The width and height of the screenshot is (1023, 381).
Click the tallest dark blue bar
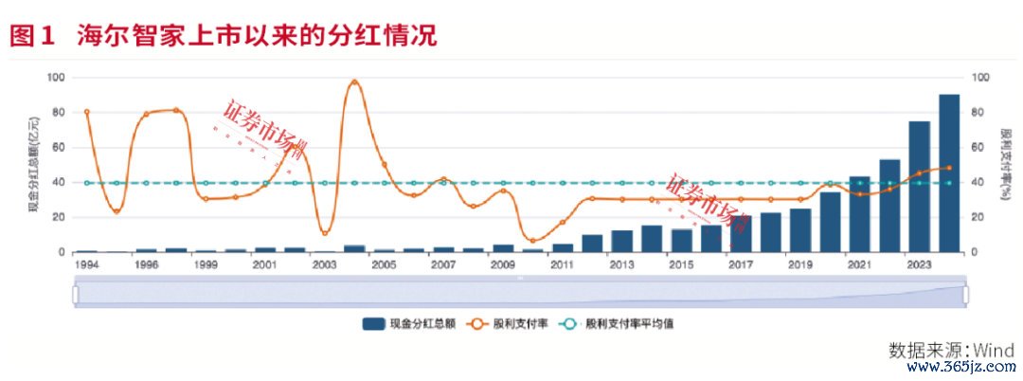(x=948, y=173)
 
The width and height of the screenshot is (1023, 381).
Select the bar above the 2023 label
(x=919, y=187)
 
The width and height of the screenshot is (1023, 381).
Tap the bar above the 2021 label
(x=859, y=214)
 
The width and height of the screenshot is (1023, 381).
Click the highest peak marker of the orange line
(x=354, y=82)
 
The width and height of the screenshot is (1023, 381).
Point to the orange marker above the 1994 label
(x=86, y=112)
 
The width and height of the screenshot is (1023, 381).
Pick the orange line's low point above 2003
(x=325, y=232)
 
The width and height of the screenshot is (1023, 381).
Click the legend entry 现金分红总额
(x=410, y=323)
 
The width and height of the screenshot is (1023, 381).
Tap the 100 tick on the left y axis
(x=57, y=78)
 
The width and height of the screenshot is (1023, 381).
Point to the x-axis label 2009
(x=503, y=265)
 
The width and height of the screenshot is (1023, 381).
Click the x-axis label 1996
(x=146, y=265)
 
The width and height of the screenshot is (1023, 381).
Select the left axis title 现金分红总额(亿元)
(x=34, y=164)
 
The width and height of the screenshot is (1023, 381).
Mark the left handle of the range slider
(x=76, y=295)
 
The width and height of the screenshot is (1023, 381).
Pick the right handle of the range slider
(x=965, y=295)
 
